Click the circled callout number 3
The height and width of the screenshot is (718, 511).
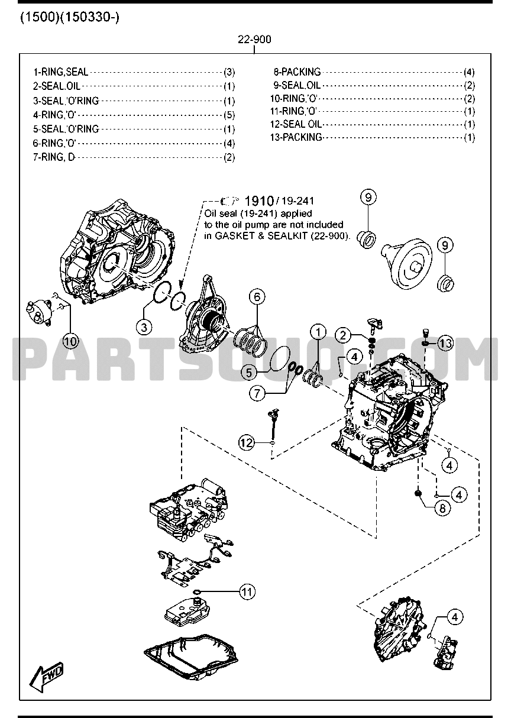tap(145, 326)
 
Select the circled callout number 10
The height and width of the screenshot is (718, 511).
tap(71, 341)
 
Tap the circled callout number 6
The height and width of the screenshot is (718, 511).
tap(257, 297)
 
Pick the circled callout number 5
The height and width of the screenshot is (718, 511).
tap(250, 372)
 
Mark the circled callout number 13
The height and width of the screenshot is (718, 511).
tap(445, 343)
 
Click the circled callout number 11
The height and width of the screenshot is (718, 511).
tap(247, 591)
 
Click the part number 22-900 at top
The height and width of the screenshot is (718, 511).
tap(254, 40)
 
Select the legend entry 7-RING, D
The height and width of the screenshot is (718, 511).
tap(51, 157)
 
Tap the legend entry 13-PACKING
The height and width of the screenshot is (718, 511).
tap(296, 137)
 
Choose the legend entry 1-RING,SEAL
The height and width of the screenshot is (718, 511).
tap(61, 72)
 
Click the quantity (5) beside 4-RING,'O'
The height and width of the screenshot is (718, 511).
tap(229, 115)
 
